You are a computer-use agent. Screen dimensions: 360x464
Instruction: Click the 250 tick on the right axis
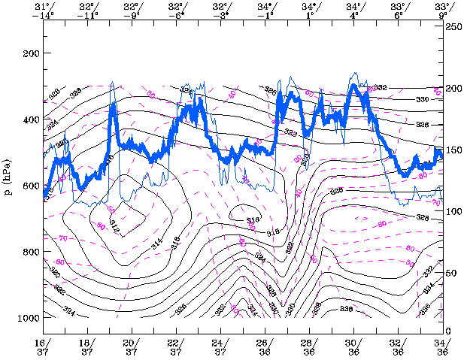[x=453, y=27]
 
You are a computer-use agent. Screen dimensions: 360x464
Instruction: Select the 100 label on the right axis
[x=453, y=210]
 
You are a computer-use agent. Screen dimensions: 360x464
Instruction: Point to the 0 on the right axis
[x=449, y=331]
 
